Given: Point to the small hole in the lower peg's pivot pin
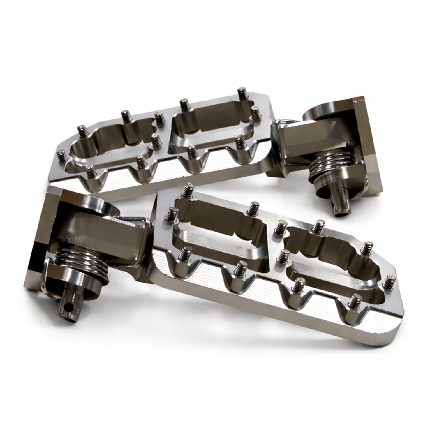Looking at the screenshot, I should pyautogui.click(x=68, y=307).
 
